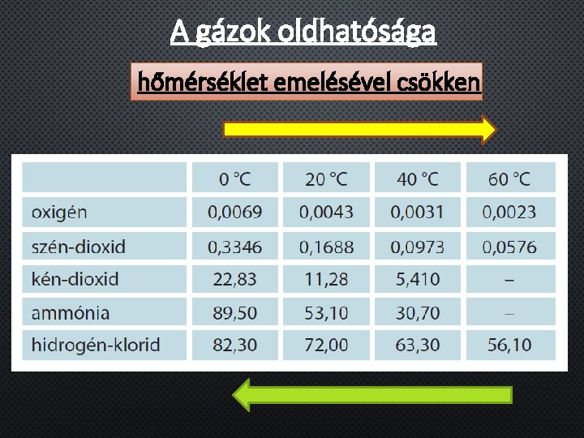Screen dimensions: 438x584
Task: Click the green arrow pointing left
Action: coord(373,395)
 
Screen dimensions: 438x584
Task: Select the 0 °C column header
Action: coord(234,178)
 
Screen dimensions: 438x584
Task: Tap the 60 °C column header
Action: coord(509,178)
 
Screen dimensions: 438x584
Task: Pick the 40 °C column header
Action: coord(418,178)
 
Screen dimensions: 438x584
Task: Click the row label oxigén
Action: coord(59,213)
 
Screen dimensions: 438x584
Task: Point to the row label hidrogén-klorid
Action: coord(96,345)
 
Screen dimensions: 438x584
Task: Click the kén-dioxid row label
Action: coord(75,279)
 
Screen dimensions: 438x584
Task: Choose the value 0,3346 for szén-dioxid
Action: coord(234,246)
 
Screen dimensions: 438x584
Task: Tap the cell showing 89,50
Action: coord(234,312)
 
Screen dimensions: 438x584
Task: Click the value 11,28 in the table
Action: coord(326,279)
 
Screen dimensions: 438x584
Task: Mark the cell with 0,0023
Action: coord(509,213)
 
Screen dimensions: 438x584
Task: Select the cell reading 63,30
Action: coord(418,345)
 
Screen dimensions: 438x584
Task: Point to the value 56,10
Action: coord(509,345)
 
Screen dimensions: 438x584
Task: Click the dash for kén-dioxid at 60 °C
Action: coord(509,280)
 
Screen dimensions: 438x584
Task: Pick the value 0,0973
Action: coord(418,246)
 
